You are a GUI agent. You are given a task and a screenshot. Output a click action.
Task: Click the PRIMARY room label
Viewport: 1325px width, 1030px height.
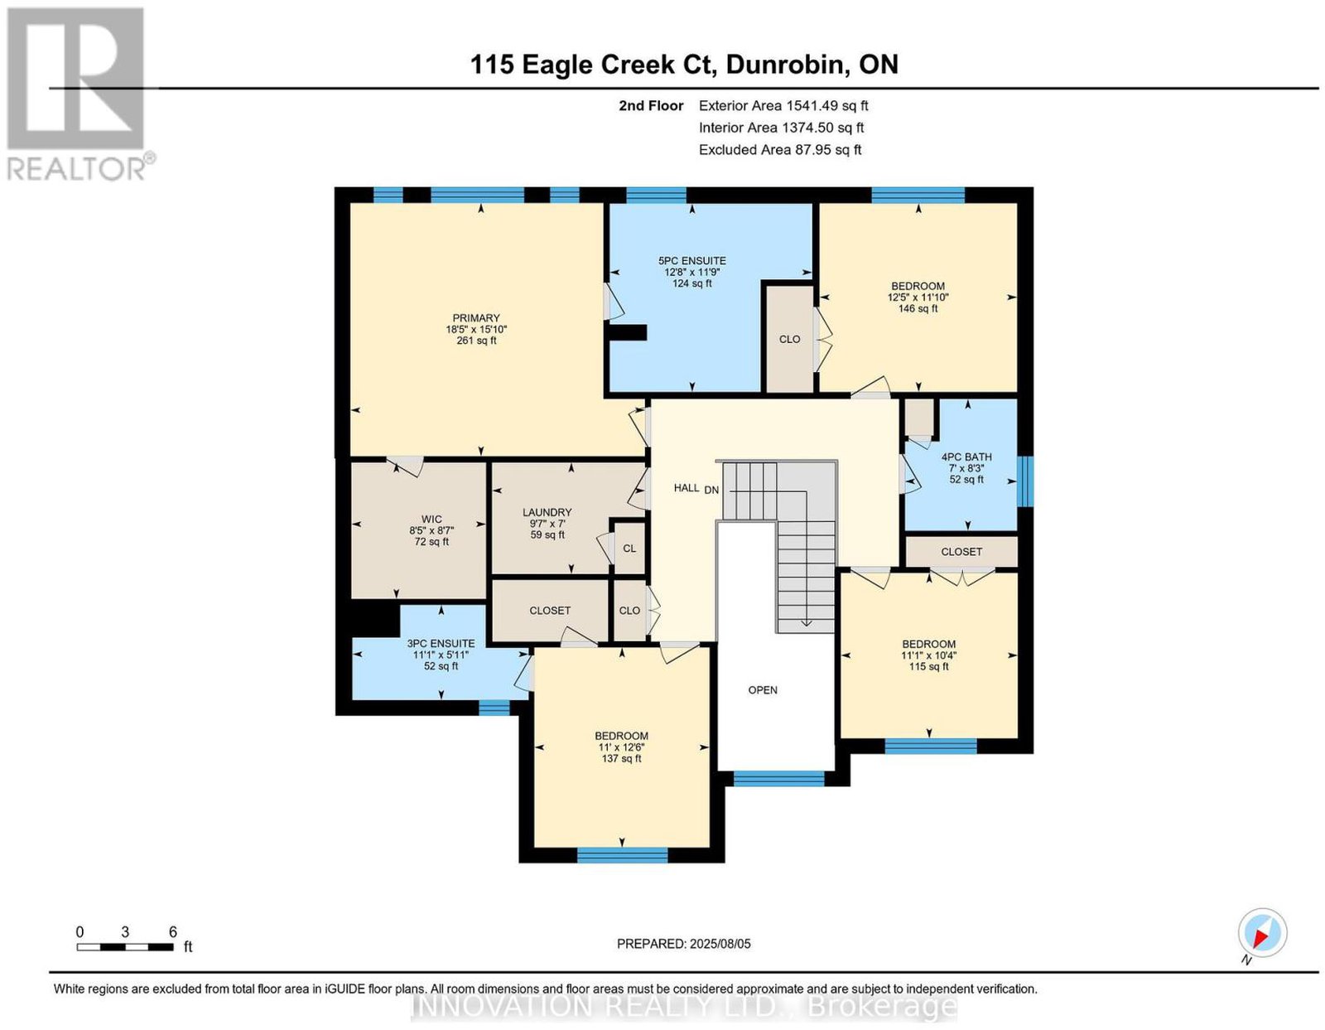(x=475, y=317)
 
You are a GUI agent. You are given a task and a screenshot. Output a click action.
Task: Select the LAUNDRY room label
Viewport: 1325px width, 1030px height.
(x=547, y=512)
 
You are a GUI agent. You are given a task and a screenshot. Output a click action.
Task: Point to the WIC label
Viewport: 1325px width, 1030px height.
(x=431, y=519)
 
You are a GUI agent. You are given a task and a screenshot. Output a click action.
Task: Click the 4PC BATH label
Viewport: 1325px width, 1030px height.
(x=966, y=457)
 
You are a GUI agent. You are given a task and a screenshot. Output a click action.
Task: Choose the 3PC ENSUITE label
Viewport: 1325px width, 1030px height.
(x=441, y=643)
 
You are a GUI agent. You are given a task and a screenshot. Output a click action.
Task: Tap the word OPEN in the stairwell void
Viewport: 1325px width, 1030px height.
(x=763, y=689)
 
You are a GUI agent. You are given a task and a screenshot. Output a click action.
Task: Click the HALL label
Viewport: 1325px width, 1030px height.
(x=686, y=488)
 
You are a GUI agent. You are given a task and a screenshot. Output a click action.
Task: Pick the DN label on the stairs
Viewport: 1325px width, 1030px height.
(x=711, y=489)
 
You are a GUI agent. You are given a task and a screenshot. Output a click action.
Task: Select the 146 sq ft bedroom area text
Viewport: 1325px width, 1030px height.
(x=918, y=308)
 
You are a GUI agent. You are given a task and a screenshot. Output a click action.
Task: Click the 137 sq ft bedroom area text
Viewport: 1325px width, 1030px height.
(x=621, y=759)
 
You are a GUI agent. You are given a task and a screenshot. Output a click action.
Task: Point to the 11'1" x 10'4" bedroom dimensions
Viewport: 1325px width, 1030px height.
(x=928, y=655)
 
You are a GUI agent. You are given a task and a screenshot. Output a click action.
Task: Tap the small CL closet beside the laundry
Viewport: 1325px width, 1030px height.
(x=629, y=549)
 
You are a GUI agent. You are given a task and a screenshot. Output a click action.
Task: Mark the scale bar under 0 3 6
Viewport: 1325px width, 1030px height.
(x=125, y=947)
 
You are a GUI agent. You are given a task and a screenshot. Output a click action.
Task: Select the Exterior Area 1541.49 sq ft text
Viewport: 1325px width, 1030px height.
(x=783, y=105)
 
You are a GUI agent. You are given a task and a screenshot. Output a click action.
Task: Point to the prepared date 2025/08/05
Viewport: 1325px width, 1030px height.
(x=720, y=944)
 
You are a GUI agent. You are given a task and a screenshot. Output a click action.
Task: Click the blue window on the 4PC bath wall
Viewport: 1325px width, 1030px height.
(x=1026, y=481)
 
